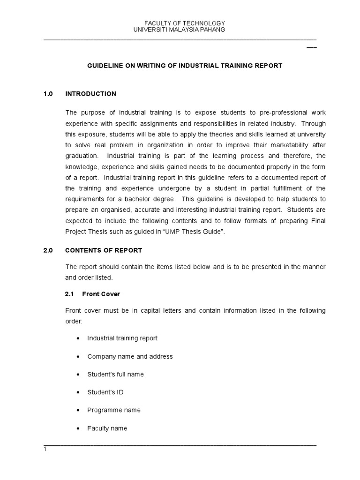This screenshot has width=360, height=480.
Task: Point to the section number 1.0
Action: point(48,94)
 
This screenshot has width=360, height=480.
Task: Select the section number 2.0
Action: point(48,250)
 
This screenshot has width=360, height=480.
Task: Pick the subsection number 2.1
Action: point(70,294)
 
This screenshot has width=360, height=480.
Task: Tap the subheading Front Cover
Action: point(101,294)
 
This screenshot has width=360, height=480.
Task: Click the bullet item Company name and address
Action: point(130,356)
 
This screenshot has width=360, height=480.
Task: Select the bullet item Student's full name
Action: point(115,374)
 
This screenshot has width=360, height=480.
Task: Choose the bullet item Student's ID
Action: point(105,392)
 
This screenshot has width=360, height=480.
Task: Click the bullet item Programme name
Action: point(114,410)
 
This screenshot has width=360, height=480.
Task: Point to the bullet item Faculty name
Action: point(107,428)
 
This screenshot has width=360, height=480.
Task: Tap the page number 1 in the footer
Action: point(45,449)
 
